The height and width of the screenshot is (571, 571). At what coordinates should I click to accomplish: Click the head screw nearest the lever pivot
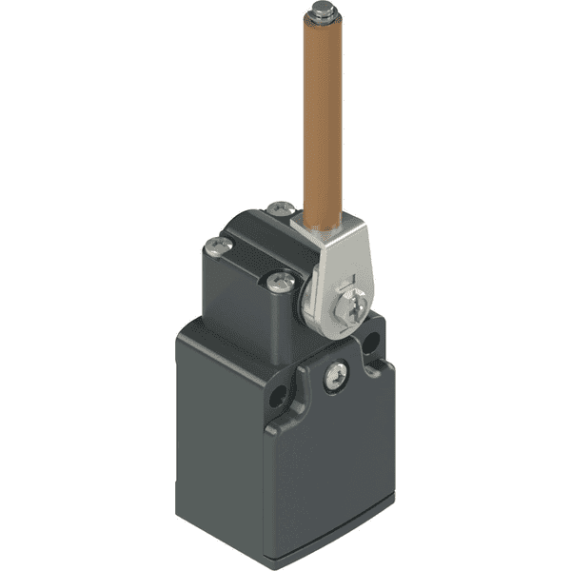(x=281, y=280)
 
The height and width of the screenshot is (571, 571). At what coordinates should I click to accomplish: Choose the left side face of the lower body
(x=219, y=428)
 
